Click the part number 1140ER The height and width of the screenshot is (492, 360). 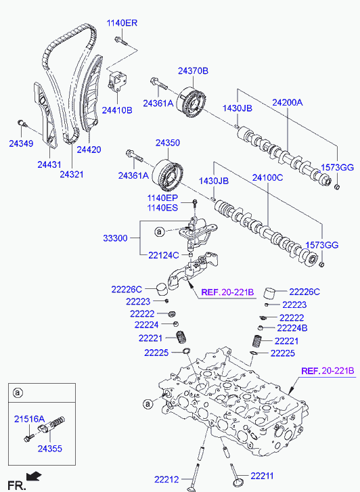122,23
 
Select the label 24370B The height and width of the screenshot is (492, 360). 193,71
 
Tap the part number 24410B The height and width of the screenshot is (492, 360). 117,110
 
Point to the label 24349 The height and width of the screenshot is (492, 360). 21,143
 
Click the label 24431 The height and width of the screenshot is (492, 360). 49,164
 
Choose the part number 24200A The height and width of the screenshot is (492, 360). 288,102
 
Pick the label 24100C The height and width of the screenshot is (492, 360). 268,177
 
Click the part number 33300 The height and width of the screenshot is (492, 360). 115,238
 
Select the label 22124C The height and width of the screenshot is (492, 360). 164,255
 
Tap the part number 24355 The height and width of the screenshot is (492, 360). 50,449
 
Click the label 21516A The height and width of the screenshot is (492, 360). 30,419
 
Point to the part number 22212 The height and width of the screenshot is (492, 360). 166,479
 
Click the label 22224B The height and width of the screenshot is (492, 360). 292,328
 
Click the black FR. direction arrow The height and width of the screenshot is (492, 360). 34,476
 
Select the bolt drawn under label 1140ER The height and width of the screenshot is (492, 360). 121,41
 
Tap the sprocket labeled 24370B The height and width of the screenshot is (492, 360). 193,102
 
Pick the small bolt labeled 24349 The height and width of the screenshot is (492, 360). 22,122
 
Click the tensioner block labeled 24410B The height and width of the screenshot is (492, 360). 117,81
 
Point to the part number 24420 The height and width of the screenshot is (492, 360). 89,150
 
